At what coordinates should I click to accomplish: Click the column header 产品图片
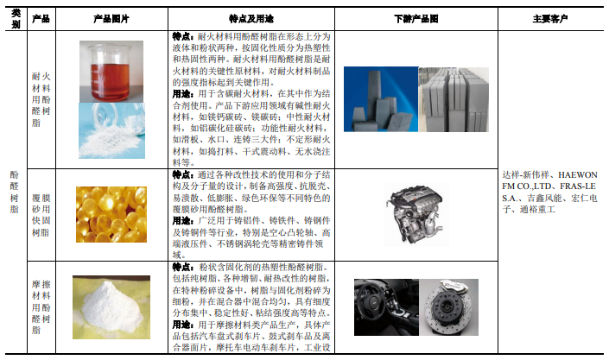click(111, 19)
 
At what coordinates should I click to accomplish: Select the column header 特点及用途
click(251, 19)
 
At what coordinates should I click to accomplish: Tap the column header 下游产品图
click(416, 19)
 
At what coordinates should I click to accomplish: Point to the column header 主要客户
click(550, 19)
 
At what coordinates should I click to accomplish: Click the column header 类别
click(16, 19)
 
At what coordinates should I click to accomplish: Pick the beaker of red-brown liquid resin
click(111, 72)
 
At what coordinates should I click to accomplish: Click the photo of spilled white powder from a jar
click(111, 130)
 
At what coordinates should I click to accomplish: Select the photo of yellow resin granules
click(111, 214)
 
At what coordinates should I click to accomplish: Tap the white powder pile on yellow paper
click(111, 307)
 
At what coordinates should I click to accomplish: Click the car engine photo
click(416, 215)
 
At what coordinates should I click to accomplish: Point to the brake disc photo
click(449, 307)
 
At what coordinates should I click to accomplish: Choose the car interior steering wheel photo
click(386, 307)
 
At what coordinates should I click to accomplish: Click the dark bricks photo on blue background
click(381, 99)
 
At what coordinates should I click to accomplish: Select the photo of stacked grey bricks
click(454, 99)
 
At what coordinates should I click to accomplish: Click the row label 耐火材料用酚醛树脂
click(41, 99)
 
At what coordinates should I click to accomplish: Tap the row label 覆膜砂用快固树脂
click(41, 215)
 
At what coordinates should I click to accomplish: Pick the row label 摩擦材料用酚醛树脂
click(41, 307)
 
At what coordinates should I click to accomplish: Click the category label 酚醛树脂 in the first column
click(15, 192)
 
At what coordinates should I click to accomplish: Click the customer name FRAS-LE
click(578, 186)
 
